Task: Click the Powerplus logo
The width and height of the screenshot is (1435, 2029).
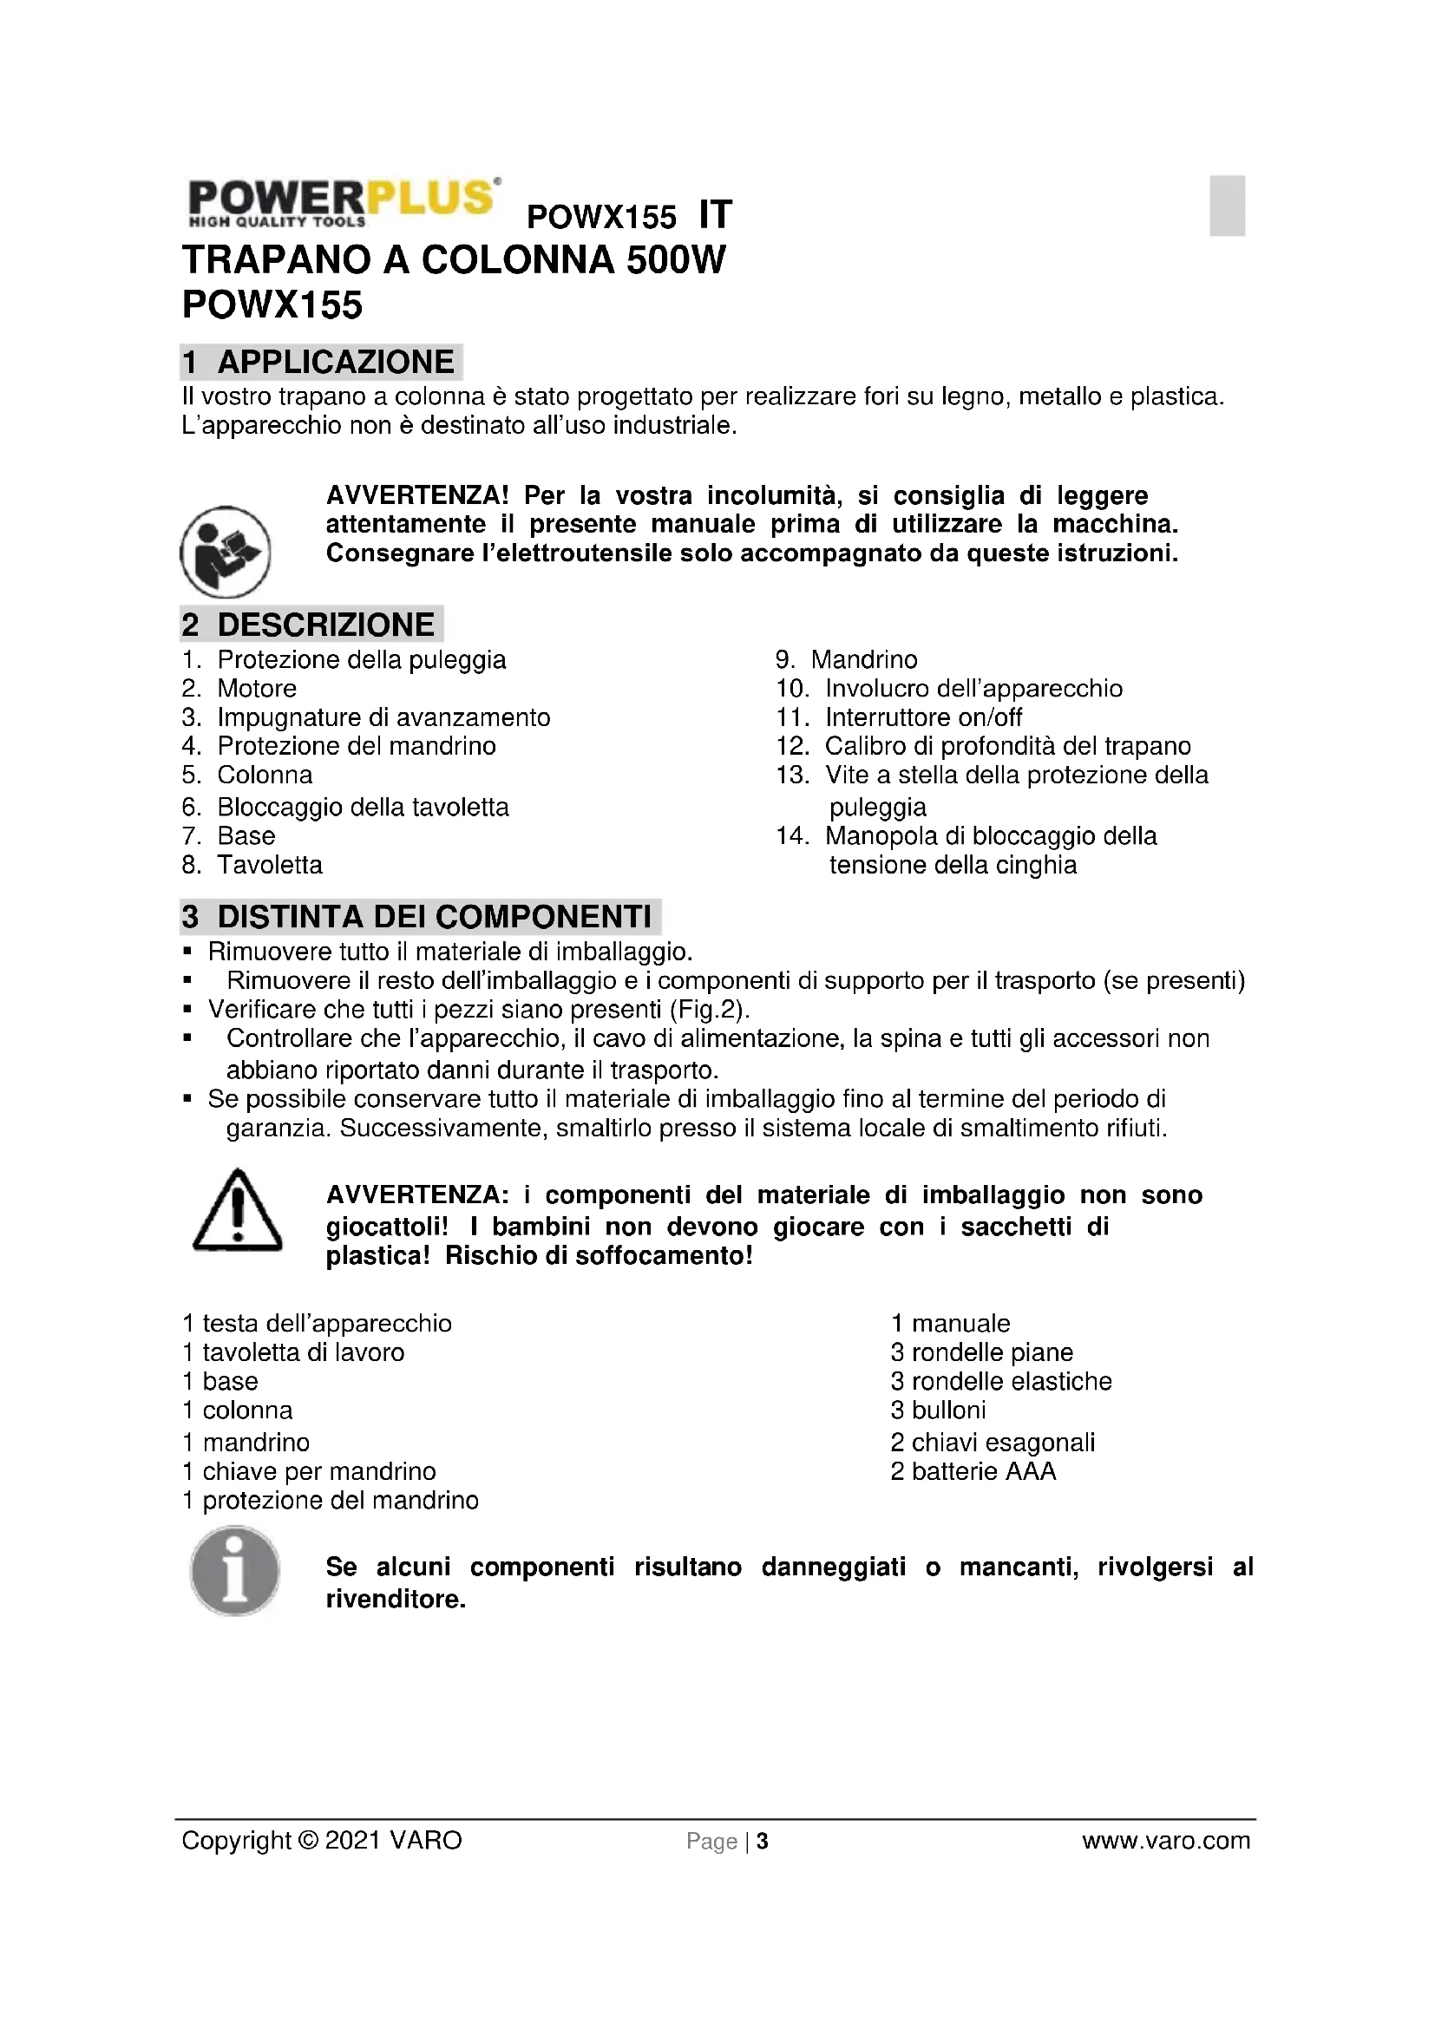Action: coord(344,202)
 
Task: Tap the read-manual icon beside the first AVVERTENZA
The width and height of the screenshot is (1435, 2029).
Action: coord(226,553)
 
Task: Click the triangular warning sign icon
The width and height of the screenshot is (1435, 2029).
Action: coord(237,1210)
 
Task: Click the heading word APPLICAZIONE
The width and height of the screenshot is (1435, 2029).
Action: coord(336,363)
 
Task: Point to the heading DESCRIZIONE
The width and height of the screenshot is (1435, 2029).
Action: coord(325,625)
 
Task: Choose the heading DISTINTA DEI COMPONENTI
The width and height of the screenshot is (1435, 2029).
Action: coord(434,916)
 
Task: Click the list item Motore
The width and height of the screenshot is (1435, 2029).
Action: coord(256,689)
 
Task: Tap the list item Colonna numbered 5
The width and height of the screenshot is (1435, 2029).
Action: coord(265,775)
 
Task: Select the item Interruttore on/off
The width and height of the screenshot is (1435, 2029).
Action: coord(923,717)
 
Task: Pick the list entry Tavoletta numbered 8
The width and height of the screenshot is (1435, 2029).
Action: coord(270,864)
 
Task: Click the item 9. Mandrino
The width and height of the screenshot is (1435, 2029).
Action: coord(863,659)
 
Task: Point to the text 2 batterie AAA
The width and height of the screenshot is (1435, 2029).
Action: coord(973,1471)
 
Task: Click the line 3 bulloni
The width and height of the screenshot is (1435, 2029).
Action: coord(938,1410)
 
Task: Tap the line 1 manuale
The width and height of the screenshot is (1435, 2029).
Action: coord(950,1323)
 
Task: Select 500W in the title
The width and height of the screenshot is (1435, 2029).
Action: coord(676,260)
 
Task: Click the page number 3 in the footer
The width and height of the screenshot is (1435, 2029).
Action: coord(763,1841)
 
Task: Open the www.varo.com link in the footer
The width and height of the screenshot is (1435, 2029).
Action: coord(1165,1840)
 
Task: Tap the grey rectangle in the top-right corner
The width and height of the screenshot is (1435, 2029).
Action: coord(1227,206)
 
